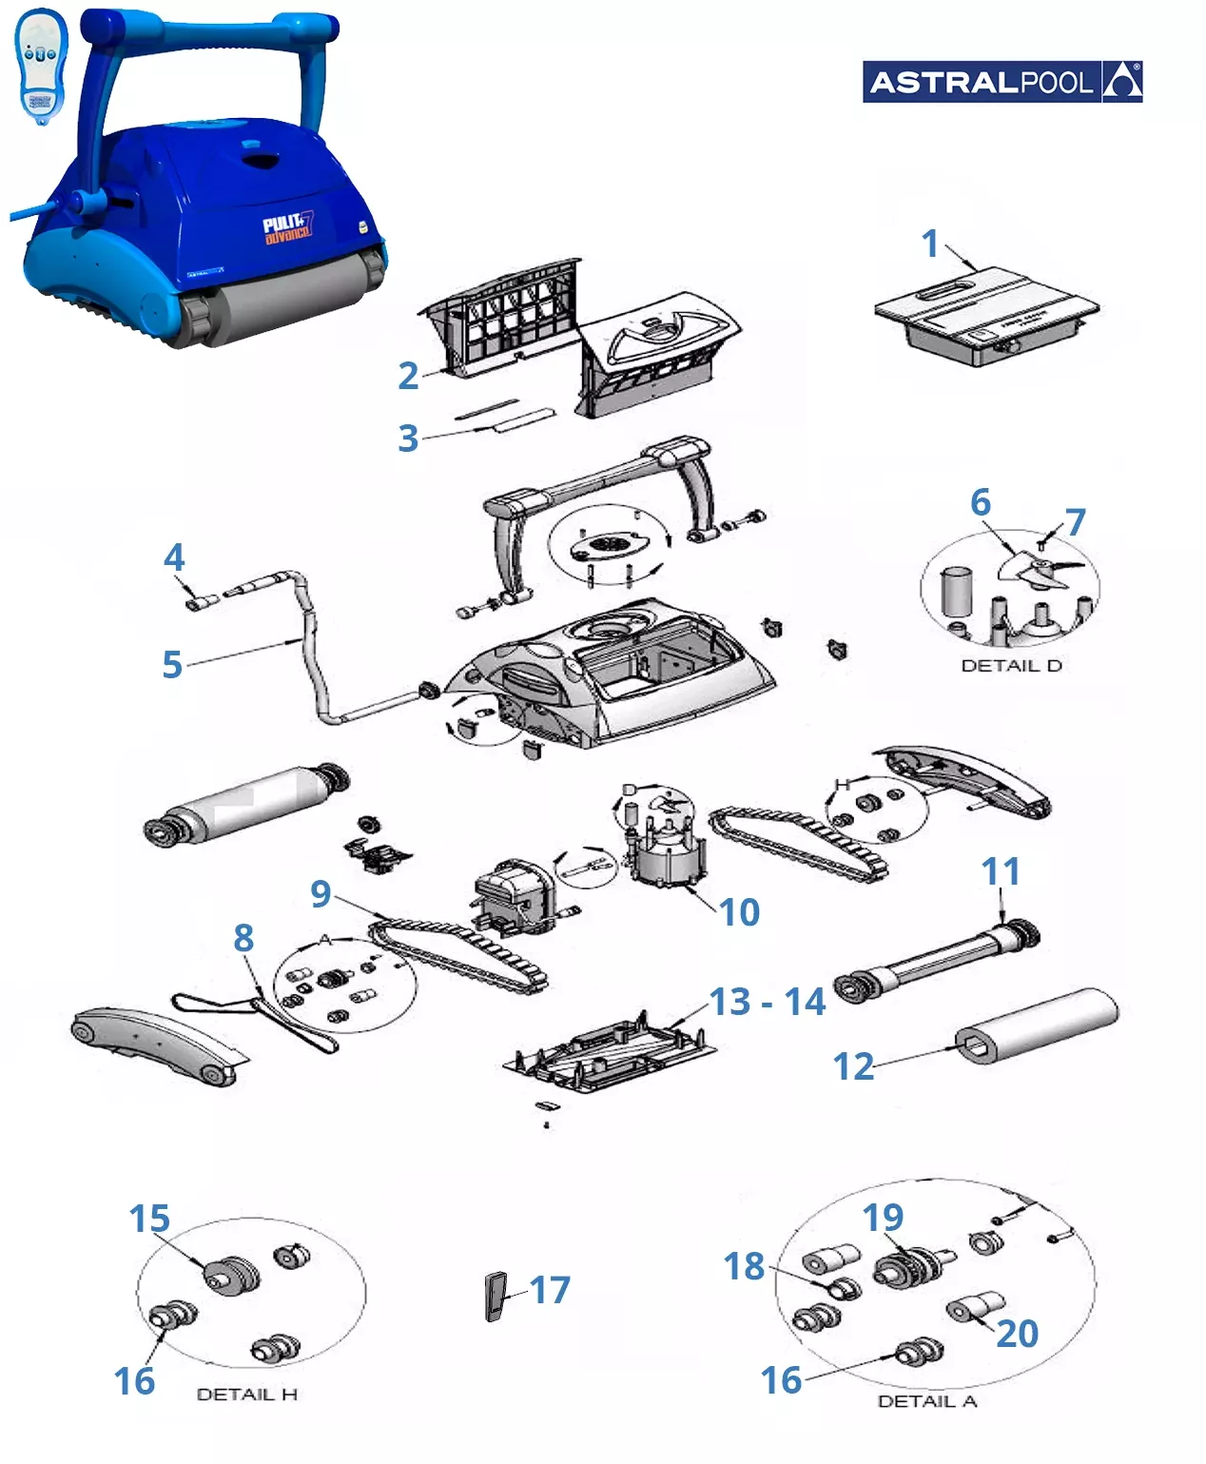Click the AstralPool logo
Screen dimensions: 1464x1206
[x=1002, y=82]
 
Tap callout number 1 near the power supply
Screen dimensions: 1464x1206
[x=930, y=244]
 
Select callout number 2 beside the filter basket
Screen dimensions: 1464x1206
[x=408, y=376]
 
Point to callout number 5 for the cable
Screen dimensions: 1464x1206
[x=171, y=664]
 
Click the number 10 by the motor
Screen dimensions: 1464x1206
[x=739, y=912]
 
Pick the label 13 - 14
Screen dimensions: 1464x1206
[x=768, y=1002]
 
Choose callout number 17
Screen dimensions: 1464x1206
[x=550, y=1290]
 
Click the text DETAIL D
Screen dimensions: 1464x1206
[x=1011, y=666]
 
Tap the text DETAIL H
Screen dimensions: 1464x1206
[x=246, y=1394]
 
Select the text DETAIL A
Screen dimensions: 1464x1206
[x=926, y=1401]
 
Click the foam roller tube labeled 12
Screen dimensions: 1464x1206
[x=1037, y=1027]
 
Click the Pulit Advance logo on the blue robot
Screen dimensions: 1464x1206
[x=287, y=229]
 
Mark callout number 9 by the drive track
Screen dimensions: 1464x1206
[x=321, y=893]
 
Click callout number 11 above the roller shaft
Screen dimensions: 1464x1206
[x=1001, y=871]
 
